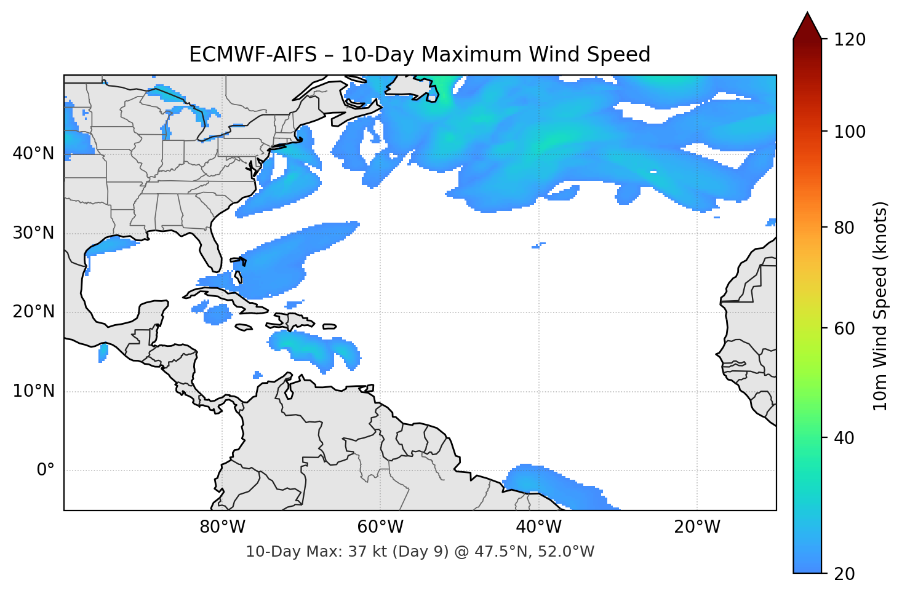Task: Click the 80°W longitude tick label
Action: coord(222,527)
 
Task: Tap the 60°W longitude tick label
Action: coord(380,527)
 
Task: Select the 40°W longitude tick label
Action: coord(538,527)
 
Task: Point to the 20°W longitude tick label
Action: coord(696,527)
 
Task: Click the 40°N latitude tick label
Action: coord(33,154)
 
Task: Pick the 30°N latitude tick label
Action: coord(33,233)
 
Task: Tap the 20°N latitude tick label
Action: coord(33,312)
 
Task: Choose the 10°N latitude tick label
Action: coord(33,391)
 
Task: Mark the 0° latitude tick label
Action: coord(46,471)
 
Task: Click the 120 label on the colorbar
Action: coord(850,40)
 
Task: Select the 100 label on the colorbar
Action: coord(850,132)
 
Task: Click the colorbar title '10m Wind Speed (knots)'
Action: coord(880,306)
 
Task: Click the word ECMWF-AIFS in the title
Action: coord(253,55)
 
